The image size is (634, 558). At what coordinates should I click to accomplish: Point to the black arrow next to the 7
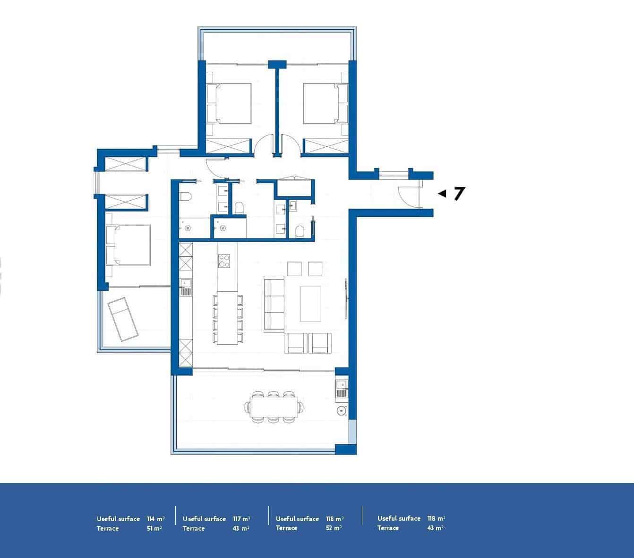click(442, 194)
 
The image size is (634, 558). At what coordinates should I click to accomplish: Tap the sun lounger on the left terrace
click(123, 319)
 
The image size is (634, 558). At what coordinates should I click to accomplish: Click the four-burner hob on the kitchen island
click(223, 261)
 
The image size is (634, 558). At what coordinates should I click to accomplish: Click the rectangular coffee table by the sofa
click(310, 304)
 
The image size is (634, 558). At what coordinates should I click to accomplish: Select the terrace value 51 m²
click(154, 529)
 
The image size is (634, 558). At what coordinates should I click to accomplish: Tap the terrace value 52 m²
click(334, 529)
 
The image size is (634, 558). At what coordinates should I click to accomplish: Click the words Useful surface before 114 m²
click(118, 519)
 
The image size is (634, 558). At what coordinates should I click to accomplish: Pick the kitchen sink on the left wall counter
click(185, 287)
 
